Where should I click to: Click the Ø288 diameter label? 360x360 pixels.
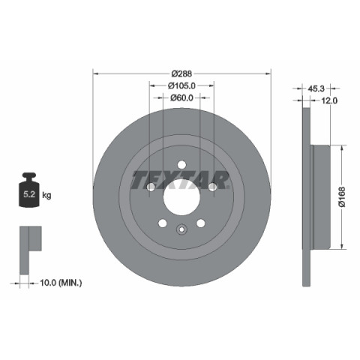181,73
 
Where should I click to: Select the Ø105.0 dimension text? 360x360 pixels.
181,85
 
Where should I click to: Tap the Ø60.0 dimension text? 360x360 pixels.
181,97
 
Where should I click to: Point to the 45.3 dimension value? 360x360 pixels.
316,88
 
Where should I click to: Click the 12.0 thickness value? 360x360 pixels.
329,100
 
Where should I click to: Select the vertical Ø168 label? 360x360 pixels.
341,196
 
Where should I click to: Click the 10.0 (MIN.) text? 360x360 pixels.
61,283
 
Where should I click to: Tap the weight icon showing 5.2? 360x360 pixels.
29,190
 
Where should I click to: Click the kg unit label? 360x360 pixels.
46,194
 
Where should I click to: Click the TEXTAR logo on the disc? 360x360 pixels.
180,180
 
